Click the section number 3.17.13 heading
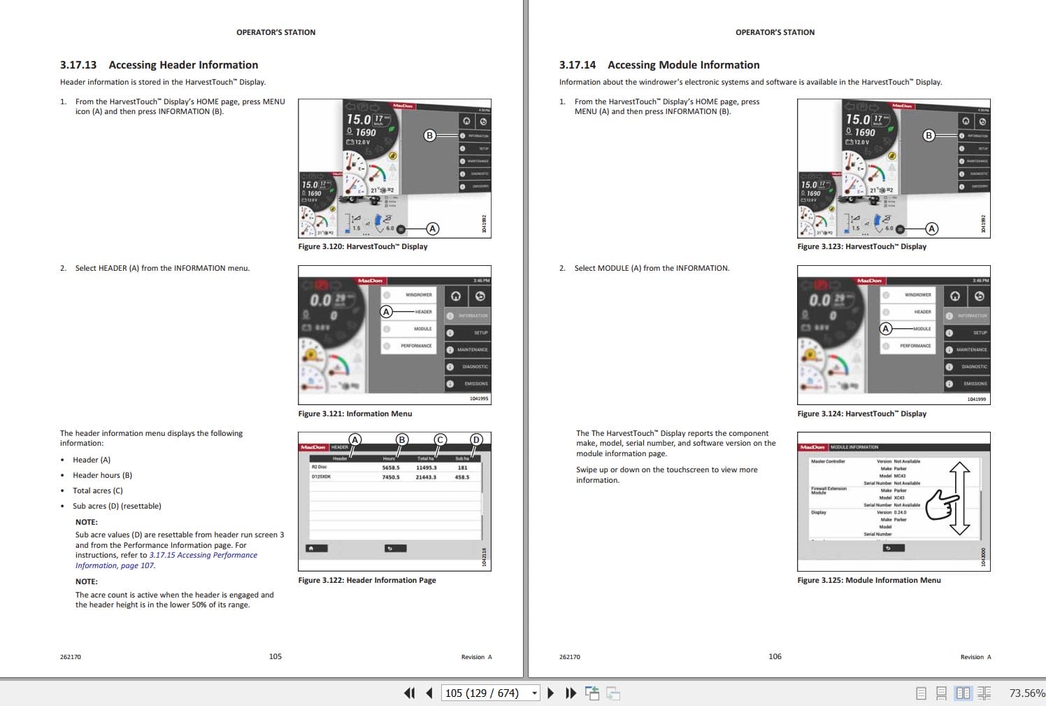click(x=78, y=65)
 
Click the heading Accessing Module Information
click(x=683, y=65)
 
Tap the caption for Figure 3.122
click(x=366, y=580)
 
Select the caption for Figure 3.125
click(x=868, y=580)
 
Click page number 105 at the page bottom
click(x=275, y=656)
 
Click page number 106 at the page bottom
click(x=775, y=656)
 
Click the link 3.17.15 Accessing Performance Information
click(x=203, y=556)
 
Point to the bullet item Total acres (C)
click(x=98, y=490)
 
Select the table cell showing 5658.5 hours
click(x=391, y=467)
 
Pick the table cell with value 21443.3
click(x=426, y=477)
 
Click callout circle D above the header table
click(x=476, y=439)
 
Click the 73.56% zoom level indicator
click(x=1026, y=693)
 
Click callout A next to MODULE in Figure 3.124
click(x=886, y=328)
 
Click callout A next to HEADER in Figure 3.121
click(x=386, y=312)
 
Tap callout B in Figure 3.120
click(x=430, y=135)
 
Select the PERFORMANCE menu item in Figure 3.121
click(x=416, y=346)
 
